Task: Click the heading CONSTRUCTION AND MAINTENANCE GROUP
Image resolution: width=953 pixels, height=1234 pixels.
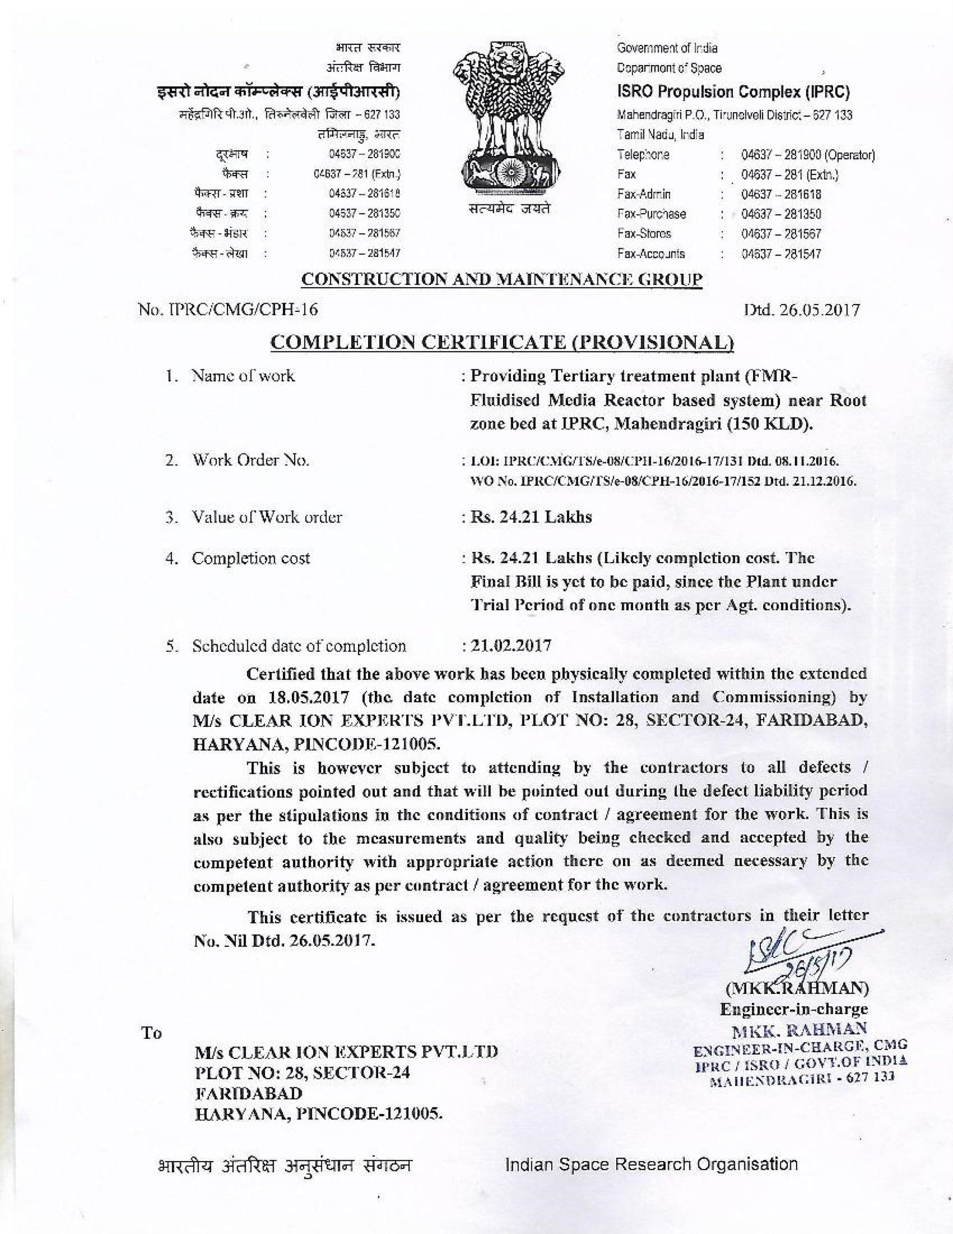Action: point(502,279)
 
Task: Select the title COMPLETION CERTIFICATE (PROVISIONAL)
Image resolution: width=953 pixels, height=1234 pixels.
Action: point(502,342)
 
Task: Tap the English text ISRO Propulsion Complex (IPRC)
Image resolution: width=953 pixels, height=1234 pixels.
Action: point(733,92)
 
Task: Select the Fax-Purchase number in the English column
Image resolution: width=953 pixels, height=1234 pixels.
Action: point(781,214)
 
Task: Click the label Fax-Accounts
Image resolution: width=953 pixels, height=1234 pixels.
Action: point(651,254)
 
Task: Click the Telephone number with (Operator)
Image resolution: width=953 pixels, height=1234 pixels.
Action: point(808,155)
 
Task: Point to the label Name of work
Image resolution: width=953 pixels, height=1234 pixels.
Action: point(243,376)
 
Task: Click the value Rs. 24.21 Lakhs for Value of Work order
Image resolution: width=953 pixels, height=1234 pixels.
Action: point(531,517)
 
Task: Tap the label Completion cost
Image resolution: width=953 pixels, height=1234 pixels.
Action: point(251,558)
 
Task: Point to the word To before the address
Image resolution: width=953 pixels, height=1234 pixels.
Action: point(151,1033)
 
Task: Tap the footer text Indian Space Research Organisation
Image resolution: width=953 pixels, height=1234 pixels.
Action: point(651,1164)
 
